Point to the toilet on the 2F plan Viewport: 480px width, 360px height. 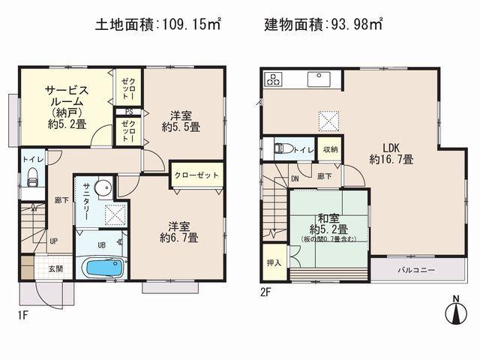click(x=281, y=148)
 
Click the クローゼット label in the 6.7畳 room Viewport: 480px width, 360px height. click(x=196, y=175)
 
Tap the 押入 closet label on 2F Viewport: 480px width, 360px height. click(x=274, y=264)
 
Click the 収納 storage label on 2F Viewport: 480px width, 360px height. click(x=331, y=149)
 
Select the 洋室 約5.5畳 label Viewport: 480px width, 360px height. click(x=180, y=121)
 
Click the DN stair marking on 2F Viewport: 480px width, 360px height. click(x=295, y=178)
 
